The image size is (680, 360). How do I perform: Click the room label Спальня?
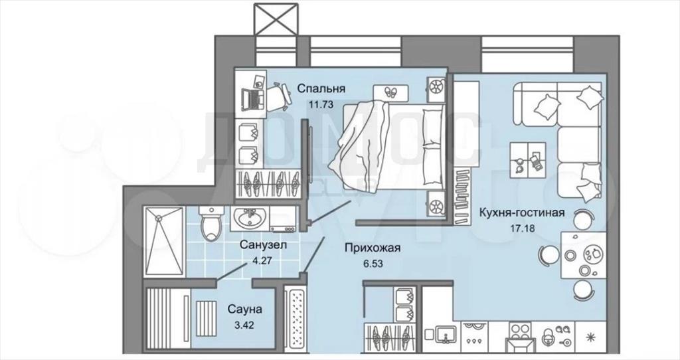click(321, 89)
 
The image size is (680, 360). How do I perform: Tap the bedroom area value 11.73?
click(321, 104)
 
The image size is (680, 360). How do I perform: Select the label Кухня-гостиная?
click(522, 213)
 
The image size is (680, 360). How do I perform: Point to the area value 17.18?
click(522, 228)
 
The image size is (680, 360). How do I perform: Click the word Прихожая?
click(373, 248)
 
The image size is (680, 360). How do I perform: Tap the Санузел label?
click(263, 246)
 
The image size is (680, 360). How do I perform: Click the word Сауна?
click(245, 310)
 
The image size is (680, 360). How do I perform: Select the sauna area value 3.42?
click(244, 325)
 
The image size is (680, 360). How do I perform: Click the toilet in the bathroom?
click(211, 223)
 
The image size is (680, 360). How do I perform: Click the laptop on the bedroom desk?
click(252, 98)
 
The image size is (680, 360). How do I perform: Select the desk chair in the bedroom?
click(278, 95)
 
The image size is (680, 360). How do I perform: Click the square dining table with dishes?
click(583, 254)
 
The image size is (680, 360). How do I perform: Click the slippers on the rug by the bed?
click(390, 92)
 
